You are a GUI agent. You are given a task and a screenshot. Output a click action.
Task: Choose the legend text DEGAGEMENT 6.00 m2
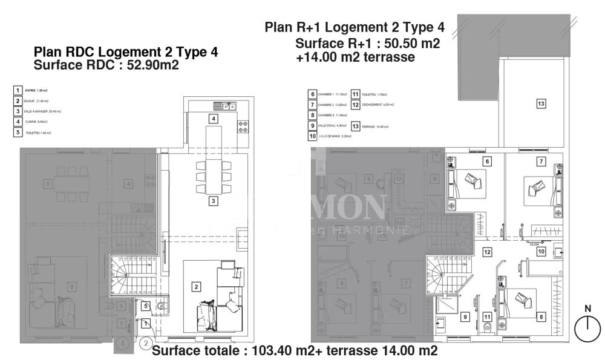(x=378, y=105)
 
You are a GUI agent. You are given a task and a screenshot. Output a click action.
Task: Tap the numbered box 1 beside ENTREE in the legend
(x=18, y=91)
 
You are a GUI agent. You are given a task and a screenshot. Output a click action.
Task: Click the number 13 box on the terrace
(x=541, y=104)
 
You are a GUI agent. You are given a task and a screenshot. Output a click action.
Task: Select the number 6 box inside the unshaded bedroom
(x=486, y=161)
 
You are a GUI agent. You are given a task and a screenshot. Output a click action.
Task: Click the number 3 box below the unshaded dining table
(x=214, y=200)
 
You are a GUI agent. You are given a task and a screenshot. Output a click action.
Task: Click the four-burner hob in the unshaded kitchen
(x=244, y=128)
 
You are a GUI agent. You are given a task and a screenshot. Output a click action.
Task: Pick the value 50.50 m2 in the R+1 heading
(x=413, y=44)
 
